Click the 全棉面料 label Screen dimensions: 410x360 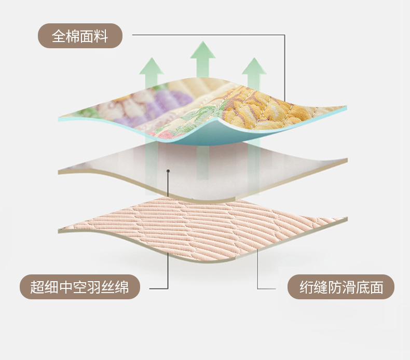[80, 36]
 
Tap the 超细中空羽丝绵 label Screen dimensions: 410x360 [80, 287]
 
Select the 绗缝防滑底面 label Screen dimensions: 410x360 [340, 287]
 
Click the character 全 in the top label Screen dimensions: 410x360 [58, 36]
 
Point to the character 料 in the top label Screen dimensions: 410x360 [101, 36]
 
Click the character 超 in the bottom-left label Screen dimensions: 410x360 [37, 287]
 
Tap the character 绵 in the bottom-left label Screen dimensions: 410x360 [122, 287]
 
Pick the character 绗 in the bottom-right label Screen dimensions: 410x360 [306, 287]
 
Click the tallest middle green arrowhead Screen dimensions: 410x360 [202, 50]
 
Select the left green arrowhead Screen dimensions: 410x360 [152, 66]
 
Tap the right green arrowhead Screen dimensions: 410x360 [254, 66]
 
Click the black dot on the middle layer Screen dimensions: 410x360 [168, 171]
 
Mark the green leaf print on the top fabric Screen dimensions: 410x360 [199, 115]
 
